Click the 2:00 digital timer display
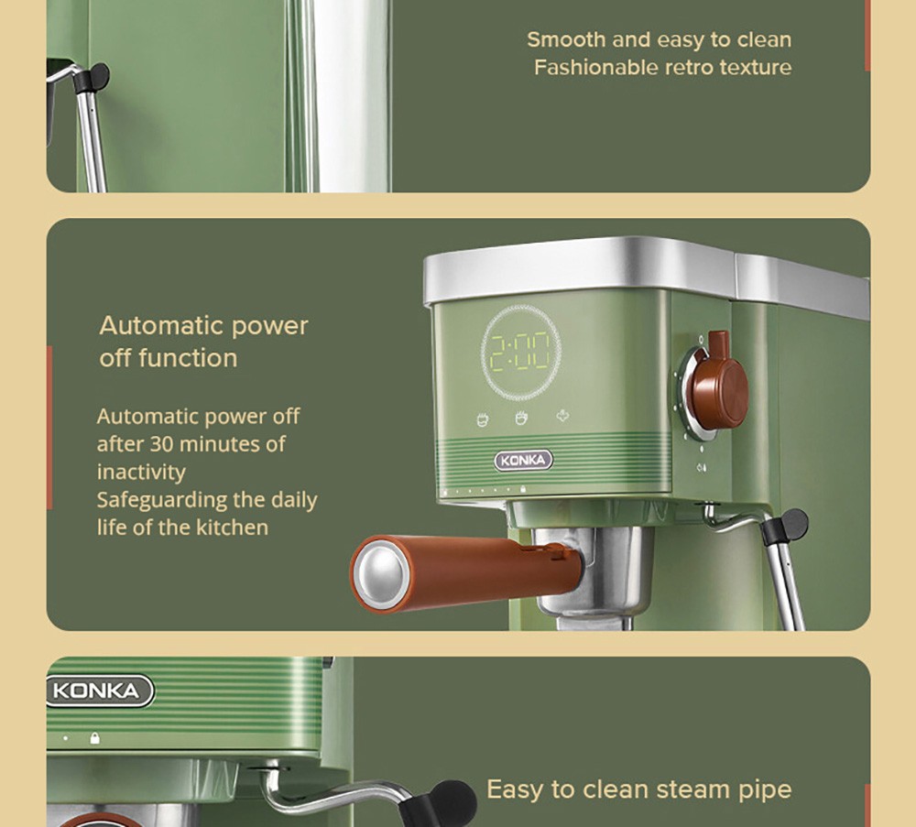click(521, 352)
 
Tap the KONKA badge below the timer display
click(524, 461)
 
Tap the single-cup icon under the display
click(483, 419)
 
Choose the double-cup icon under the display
click(522, 419)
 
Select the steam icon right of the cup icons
click(562, 418)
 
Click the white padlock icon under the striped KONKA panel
click(94, 738)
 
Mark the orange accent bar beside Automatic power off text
click(49, 427)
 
